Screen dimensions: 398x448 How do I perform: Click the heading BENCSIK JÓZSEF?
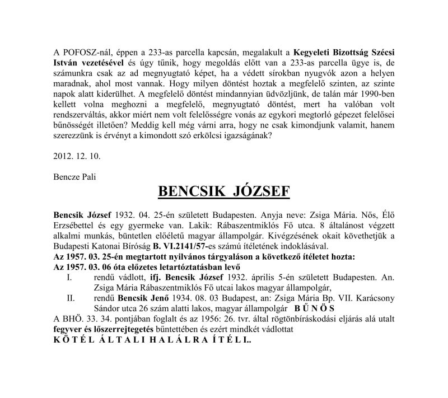coord(224,191)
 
